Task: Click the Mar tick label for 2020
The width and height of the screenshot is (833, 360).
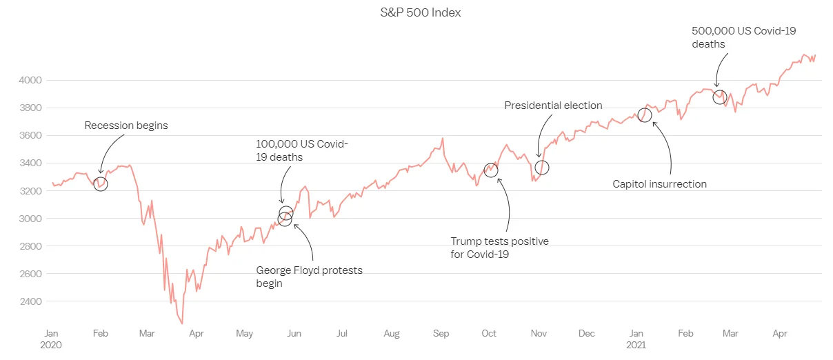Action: click(x=147, y=334)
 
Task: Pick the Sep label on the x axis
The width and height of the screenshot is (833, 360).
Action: click(x=441, y=334)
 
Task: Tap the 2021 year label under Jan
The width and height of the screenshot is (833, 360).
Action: click(x=636, y=344)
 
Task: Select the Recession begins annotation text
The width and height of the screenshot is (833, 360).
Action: click(x=126, y=126)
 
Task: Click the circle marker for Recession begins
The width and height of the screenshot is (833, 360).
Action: click(x=101, y=184)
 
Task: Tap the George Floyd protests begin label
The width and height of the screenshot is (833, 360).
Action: click(x=309, y=277)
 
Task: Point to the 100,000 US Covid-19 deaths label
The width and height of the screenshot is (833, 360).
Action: click(x=302, y=150)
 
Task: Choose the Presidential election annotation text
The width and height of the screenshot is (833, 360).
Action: click(x=553, y=106)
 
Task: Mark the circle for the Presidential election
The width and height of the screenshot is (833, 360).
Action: click(x=542, y=167)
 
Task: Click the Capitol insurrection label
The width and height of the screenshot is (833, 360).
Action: click(x=660, y=184)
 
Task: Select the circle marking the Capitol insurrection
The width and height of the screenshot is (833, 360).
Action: click(x=645, y=115)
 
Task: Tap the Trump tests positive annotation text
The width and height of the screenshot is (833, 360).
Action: click(x=499, y=248)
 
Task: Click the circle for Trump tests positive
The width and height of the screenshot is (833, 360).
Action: click(x=491, y=170)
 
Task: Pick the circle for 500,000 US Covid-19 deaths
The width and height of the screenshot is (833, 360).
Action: click(x=720, y=97)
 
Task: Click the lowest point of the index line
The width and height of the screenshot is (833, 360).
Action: click(x=182, y=323)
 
